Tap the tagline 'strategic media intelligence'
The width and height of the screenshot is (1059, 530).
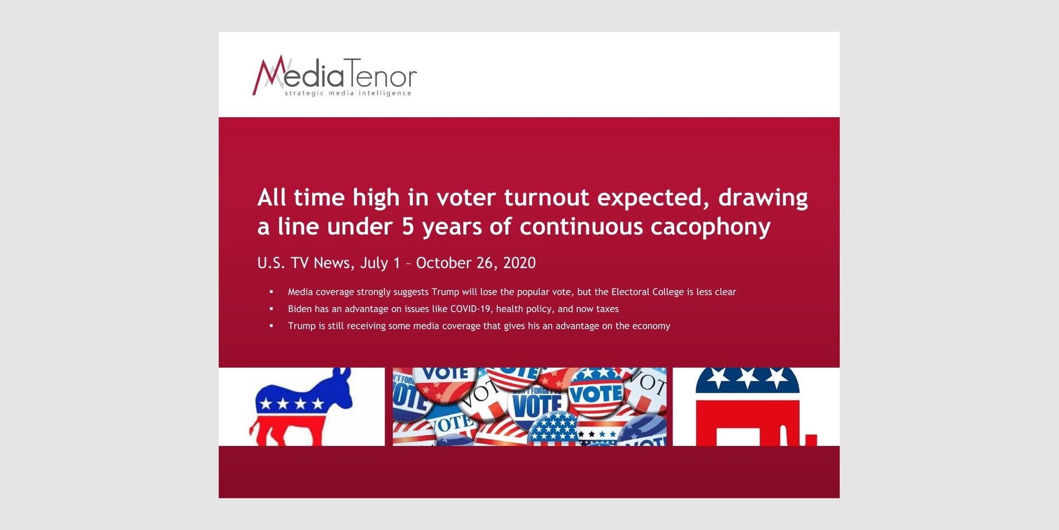click(x=348, y=93)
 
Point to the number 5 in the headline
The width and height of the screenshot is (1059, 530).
click(x=408, y=226)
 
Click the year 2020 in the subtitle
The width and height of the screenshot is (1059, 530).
click(x=519, y=263)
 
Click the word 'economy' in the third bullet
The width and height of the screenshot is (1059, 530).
click(x=651, y=326)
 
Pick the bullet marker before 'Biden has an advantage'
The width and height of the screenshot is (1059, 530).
click(x=272, y=308)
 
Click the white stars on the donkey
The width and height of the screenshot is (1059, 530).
click(x=292, y=404)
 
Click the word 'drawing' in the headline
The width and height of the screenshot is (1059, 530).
click(x=763, y=198)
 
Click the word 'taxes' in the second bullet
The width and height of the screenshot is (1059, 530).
click(x=607, y=309)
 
